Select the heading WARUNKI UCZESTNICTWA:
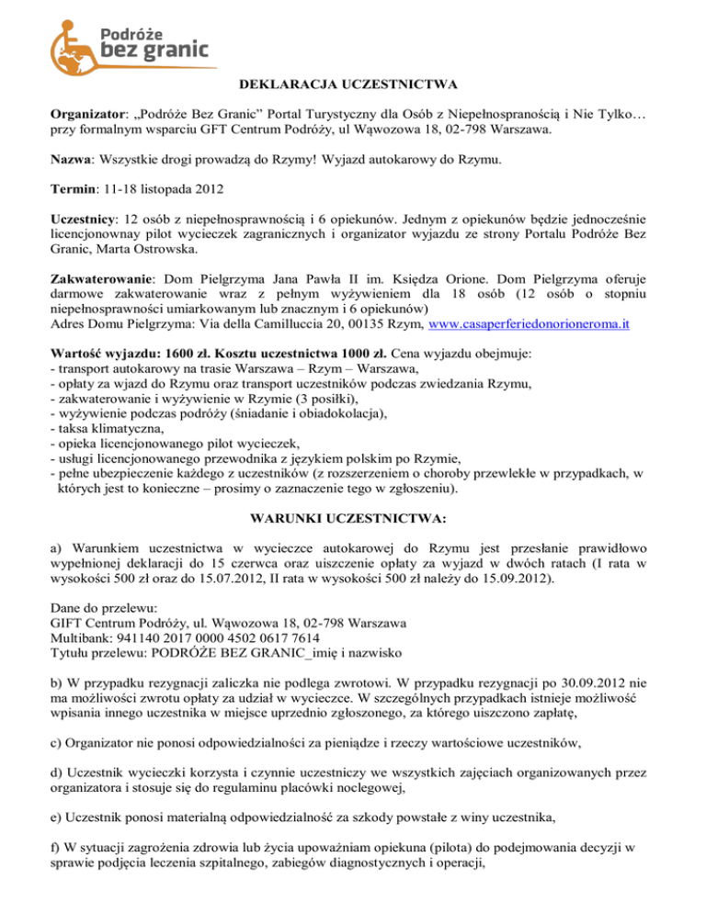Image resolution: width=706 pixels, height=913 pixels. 354,518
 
